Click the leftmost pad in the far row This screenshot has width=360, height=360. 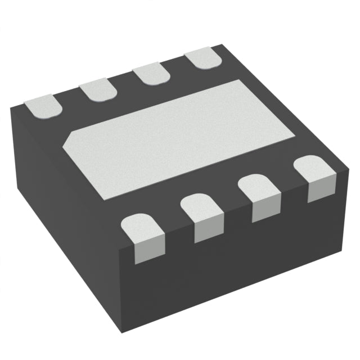click(x=42, y=106)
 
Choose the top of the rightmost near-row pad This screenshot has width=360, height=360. click(x=312, y=167)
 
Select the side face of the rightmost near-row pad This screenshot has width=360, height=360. click(x=322, y=188)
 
